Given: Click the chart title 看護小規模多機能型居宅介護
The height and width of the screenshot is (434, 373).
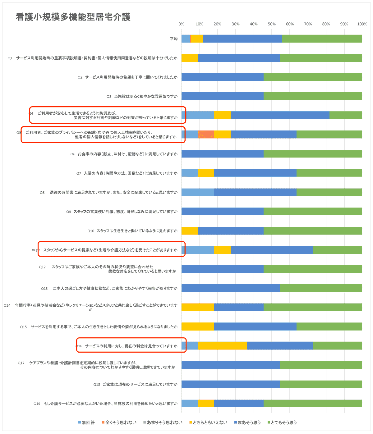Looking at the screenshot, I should tap(73, 17).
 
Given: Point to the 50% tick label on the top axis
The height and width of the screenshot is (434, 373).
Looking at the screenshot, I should tap(272, 24).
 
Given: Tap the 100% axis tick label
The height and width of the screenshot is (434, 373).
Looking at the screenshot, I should tap(362, 24).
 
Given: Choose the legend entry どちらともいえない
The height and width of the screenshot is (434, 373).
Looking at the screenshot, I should tap(208, 423).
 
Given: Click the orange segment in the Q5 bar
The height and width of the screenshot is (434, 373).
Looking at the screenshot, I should tap(206, 135).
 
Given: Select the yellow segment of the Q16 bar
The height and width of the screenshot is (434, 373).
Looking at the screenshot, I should tap(222, 345).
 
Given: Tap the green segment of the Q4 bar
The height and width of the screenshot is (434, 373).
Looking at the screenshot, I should tap(346, 115).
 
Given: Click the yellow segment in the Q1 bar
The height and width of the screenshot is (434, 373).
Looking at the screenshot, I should tap(190, 58).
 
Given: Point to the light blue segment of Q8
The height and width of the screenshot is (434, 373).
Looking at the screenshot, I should tap(198, 192).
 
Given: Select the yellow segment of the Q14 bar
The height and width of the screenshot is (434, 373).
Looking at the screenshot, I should tap(198, 307).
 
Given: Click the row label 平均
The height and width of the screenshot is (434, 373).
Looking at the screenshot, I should tap(174, 39).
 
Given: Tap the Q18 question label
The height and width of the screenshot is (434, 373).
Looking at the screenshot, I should tap(136, 385).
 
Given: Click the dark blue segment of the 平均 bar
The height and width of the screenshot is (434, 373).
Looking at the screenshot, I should tap(242, 39).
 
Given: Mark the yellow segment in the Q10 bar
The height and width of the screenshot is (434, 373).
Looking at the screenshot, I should tap(190, 231).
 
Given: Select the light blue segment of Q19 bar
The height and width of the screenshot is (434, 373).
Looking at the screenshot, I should tap(190, 403).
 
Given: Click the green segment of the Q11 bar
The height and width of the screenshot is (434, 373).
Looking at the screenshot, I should tap(337, 250).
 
